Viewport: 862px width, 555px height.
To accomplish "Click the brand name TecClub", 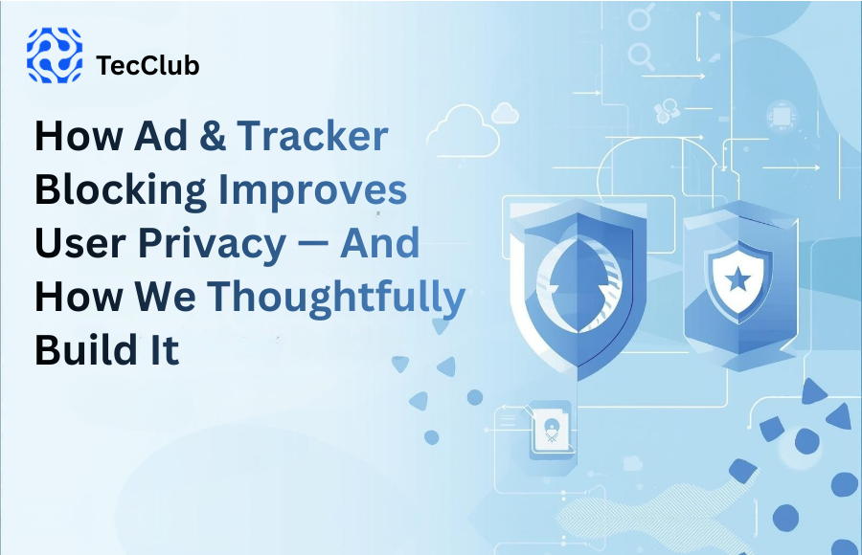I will tap(148, 66).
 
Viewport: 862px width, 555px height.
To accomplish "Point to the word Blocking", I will tap(121, 191).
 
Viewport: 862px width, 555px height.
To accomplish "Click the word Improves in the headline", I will tap(312, 191).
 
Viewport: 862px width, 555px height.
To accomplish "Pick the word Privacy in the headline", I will tap(214, 244).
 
